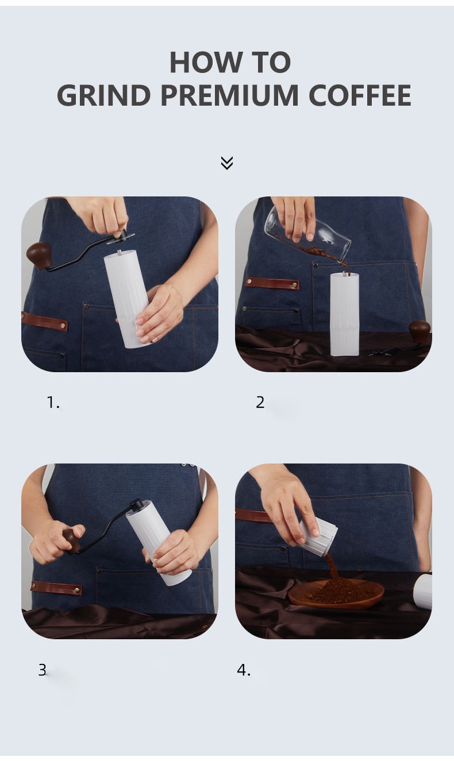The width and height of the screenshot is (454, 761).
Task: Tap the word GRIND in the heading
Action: point(104,95)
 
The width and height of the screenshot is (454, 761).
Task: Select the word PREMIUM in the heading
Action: point(230,95)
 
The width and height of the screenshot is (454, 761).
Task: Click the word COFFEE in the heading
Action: point(360,95)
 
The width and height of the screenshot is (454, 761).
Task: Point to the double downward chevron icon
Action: point(227,163)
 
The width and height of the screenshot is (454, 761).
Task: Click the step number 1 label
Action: point(53,403)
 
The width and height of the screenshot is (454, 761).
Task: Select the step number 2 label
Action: point(260,403)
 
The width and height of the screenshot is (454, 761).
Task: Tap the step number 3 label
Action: point(42,670)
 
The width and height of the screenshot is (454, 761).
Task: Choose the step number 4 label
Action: point(244,670)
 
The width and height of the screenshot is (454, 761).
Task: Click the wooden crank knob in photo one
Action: point(39,255)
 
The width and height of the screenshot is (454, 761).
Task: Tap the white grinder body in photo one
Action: point(126,299)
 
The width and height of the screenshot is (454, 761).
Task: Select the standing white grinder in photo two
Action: point(345,314)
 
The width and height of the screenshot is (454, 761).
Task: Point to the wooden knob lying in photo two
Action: point(420,331)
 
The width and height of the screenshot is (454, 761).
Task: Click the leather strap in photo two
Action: point(272,283)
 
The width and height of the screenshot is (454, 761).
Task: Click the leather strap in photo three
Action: point(56,588)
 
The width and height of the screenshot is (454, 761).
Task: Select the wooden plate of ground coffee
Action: point(336,593)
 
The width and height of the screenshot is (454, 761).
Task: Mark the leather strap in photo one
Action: point(44,321)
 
